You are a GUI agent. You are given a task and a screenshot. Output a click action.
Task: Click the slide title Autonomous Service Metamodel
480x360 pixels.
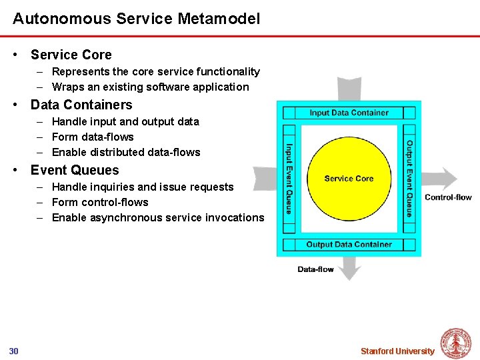click(x=136, y=18)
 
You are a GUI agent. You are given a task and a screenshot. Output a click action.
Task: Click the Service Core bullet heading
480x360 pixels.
click(x=71, y=55)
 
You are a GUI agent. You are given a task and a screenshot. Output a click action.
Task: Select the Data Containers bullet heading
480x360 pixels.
click(x=81, y=105)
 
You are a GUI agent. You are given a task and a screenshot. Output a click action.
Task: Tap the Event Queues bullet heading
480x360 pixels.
click(x=75, y=170)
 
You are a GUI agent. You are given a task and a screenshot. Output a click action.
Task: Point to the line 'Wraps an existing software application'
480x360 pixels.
click(x=150, y=87)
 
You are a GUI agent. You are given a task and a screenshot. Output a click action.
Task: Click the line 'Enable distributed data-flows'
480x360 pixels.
click(x=126, y=152)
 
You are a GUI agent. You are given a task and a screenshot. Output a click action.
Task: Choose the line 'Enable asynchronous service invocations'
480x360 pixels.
click(x=158, y=217)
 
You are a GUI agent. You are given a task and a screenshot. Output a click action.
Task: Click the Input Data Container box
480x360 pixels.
click(x=349, y=113)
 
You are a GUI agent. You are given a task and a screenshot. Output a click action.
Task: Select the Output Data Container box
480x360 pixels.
click(x=349, y=245)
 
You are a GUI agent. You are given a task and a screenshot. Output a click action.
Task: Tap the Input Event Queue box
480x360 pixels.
click(x=289, y=179)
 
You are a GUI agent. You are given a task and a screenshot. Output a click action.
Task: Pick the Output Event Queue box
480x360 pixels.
click(x=409, y=179)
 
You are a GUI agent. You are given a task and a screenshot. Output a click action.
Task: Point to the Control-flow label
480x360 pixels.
click(x=448, y=197)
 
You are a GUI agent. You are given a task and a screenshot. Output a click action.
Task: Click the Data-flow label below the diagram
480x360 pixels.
click(x=315, y=269)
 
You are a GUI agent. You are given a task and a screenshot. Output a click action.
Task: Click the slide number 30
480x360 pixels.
click(x=14, y=351)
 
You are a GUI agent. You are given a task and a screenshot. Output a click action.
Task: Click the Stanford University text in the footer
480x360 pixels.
click(x=397, y=351)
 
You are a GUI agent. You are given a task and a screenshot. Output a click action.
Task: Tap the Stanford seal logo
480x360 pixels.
click(x=456, y=343)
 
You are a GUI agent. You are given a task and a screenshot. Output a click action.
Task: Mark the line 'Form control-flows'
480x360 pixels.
click(x=100, y=202)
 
